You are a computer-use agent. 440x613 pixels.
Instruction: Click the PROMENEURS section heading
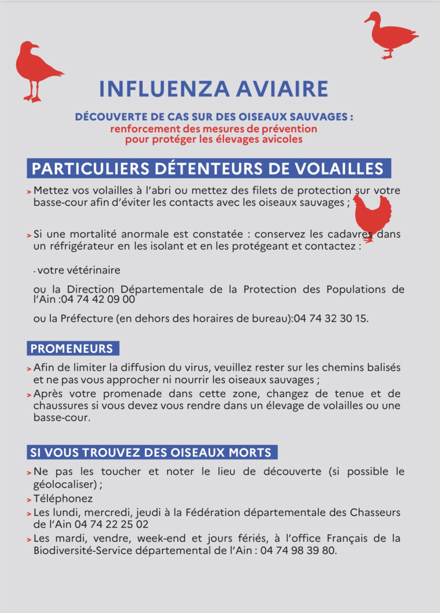click(x=72, y=349)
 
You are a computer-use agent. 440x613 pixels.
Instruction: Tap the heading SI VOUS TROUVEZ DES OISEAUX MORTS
click(x=151, y=452)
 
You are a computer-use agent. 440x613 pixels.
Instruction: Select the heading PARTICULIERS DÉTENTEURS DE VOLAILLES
click(x=208, y=168)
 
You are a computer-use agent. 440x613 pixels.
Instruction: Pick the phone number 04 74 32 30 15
click(x=330, y=319)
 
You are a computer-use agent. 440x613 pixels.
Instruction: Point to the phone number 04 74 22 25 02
click(x=112, y=524)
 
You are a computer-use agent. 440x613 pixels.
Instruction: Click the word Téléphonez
click(x=63, y=499)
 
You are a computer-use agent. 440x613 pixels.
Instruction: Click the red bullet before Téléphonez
click(x=29, y=500)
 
